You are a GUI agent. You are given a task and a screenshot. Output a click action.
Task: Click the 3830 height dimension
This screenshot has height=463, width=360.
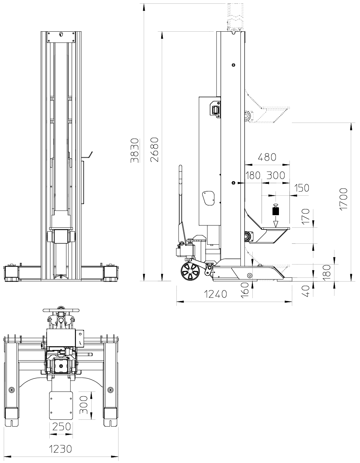pyautogui.click(x=135, y=150)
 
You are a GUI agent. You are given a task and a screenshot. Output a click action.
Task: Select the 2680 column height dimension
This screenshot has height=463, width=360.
pyautogui.click(x=155, y=149)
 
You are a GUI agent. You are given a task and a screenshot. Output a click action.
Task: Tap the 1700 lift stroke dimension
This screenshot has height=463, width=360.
pyautogui.click(x=343, y=199)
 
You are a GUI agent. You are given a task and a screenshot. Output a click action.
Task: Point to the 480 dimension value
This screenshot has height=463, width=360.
pyautogui.click(x=267, y=157)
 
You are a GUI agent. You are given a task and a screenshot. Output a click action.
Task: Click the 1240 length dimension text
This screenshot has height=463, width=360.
pyautogui.click(x=216, y=294)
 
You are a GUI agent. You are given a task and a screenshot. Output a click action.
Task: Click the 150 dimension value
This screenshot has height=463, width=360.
pyautogui.click(x=302, y=188)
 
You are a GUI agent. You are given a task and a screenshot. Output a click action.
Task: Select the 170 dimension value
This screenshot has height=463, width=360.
pyautogui.click(x=306, y=216)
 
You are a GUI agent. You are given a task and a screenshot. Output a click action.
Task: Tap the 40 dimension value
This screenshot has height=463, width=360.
pyautogui.click(x=306, y=291)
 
